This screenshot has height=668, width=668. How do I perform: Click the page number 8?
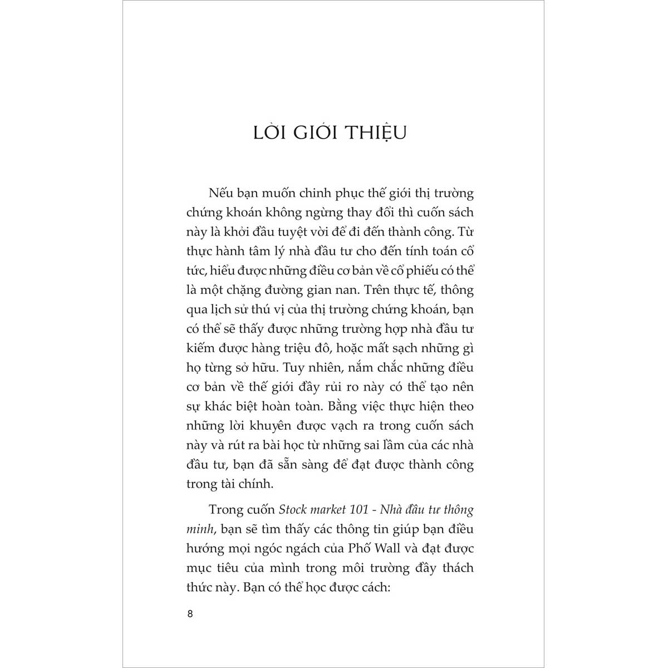click(190, 615)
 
